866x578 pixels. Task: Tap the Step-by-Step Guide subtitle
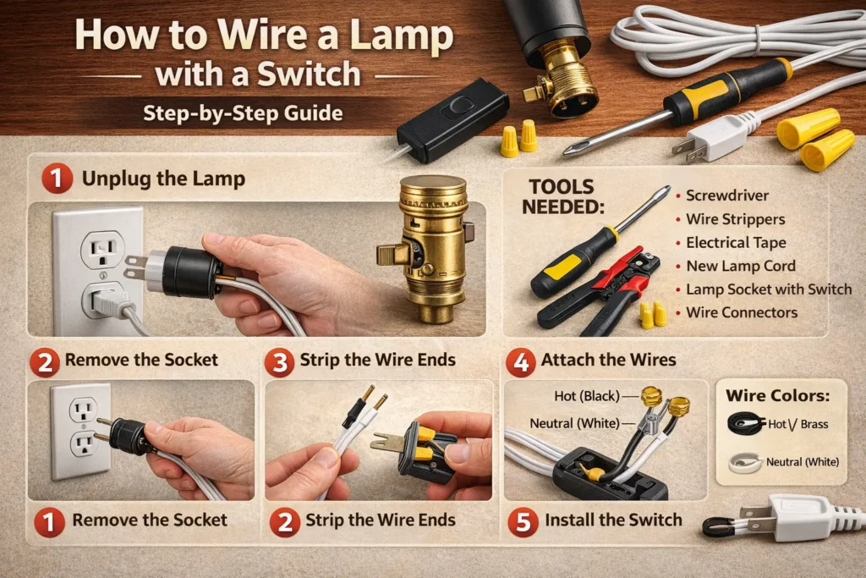pyautogui.click(x=243, y=113)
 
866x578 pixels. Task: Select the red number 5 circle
pyautogui.click(x=523, y=521)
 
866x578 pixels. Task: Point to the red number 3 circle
pyautogui.click(x=279, y=362)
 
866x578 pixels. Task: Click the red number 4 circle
pyautogui.click(x=520, y=362)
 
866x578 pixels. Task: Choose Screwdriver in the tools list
pyautogui.click(x=726, y=195)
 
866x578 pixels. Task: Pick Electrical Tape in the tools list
pyautogui.click(x=736, y=243)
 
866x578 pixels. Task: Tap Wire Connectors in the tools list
pyautogui.click(x=742, y=313)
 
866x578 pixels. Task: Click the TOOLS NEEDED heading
pyautogui.click(x=562, y=197)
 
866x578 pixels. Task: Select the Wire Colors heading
pyautogui.click(x=778, y=396)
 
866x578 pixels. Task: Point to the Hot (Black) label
pyautogui.click(x=587, y=396)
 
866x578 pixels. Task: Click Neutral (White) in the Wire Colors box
pyautogui.click(x=802, y=462)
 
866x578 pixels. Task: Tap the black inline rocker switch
pyautogui.click(x=453, y=119)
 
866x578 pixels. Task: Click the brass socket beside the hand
pyautogui.click(x=427, y=249)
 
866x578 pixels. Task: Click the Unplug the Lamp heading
pyautogui.click(x=163, y=179)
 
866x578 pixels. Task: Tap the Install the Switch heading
pyautogui.click(x=614, y=520)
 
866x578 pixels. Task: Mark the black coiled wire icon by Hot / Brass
pyautogui.click(x=746, y=423)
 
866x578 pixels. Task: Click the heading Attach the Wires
pyautogui.click(x=608, y=361)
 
